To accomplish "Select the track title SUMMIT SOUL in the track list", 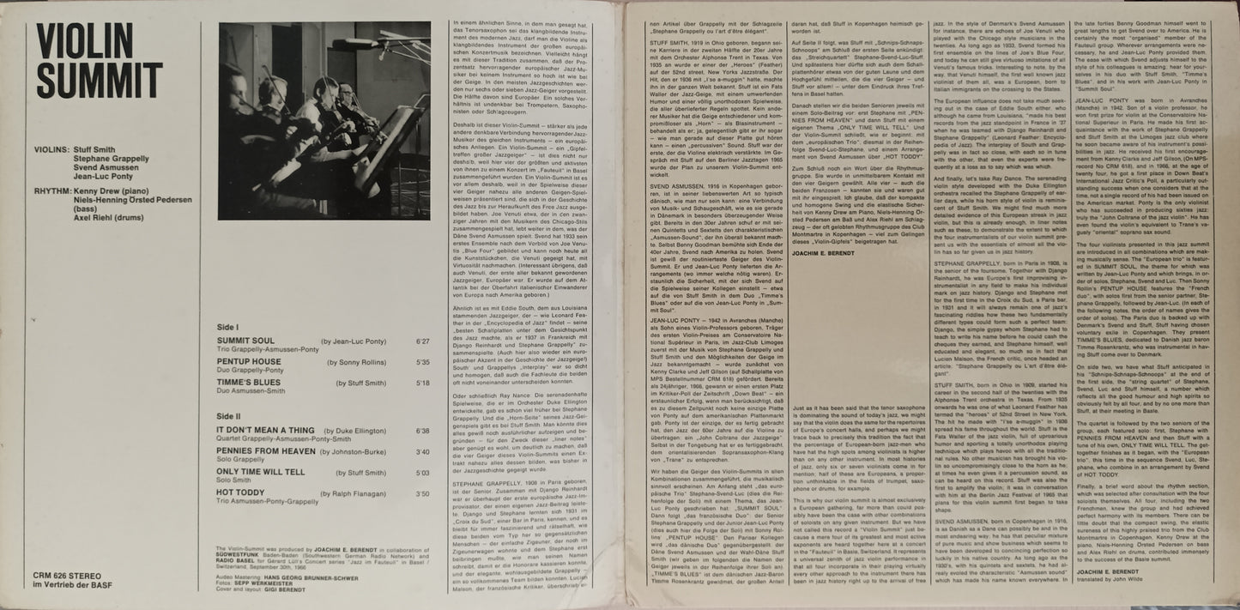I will coord(245,341).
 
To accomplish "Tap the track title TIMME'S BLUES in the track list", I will coord(248,383).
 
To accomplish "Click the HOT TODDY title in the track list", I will coord(240,494).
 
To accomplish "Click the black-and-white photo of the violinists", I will coord(324,121).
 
